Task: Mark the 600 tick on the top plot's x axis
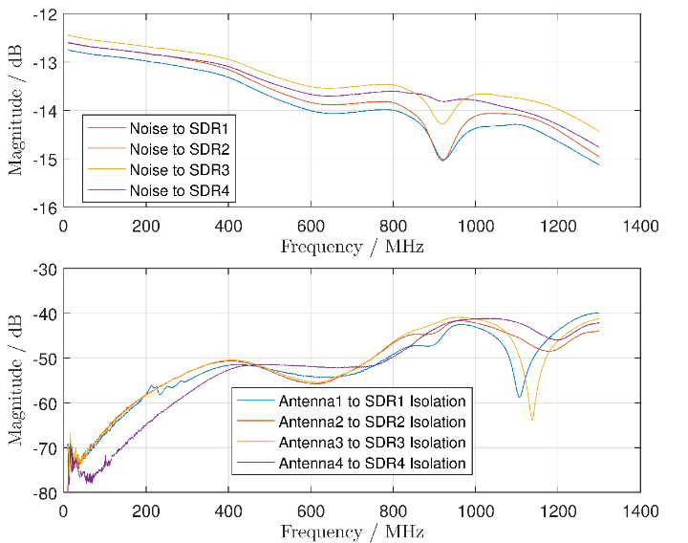(310, 226)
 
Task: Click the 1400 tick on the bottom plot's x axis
(639, 511)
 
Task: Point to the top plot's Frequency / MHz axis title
(353, 246)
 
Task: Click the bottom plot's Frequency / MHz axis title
(353, 531)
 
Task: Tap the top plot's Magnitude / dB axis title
(16, 111)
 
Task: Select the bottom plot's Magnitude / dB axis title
(16, 381)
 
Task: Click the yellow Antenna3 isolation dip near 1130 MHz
(532, 420)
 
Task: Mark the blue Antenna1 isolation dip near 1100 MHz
(519, 396)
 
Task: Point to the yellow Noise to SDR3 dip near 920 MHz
(441, 123)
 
